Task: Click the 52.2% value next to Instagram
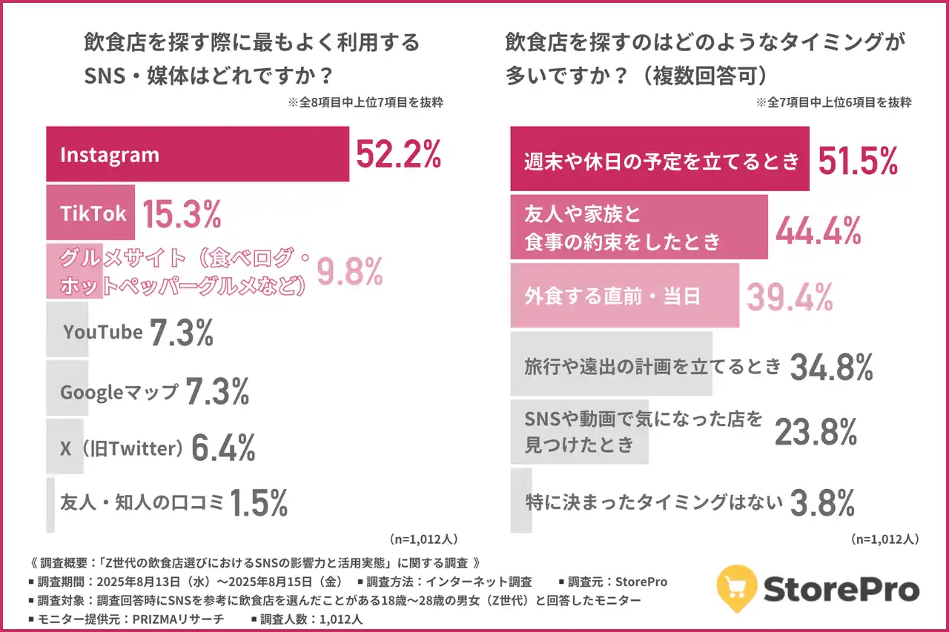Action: pos(399,154)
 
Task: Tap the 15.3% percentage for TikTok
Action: pos(182,213)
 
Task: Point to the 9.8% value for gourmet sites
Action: pos(349,272)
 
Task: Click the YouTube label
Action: pos(102,332)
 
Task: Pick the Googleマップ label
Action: pos(119,391)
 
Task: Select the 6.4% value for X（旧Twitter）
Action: pos(223,448)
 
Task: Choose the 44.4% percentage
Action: pos(819,231)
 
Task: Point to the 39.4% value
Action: pos(790,296)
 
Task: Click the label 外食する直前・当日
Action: pos(612,296)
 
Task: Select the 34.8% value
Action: pos(831,366)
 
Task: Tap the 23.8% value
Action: pos(816,432)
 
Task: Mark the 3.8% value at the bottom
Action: pos(822,502)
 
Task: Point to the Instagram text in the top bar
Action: pos(110,155)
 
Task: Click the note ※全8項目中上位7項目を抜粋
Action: pos(365,103)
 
